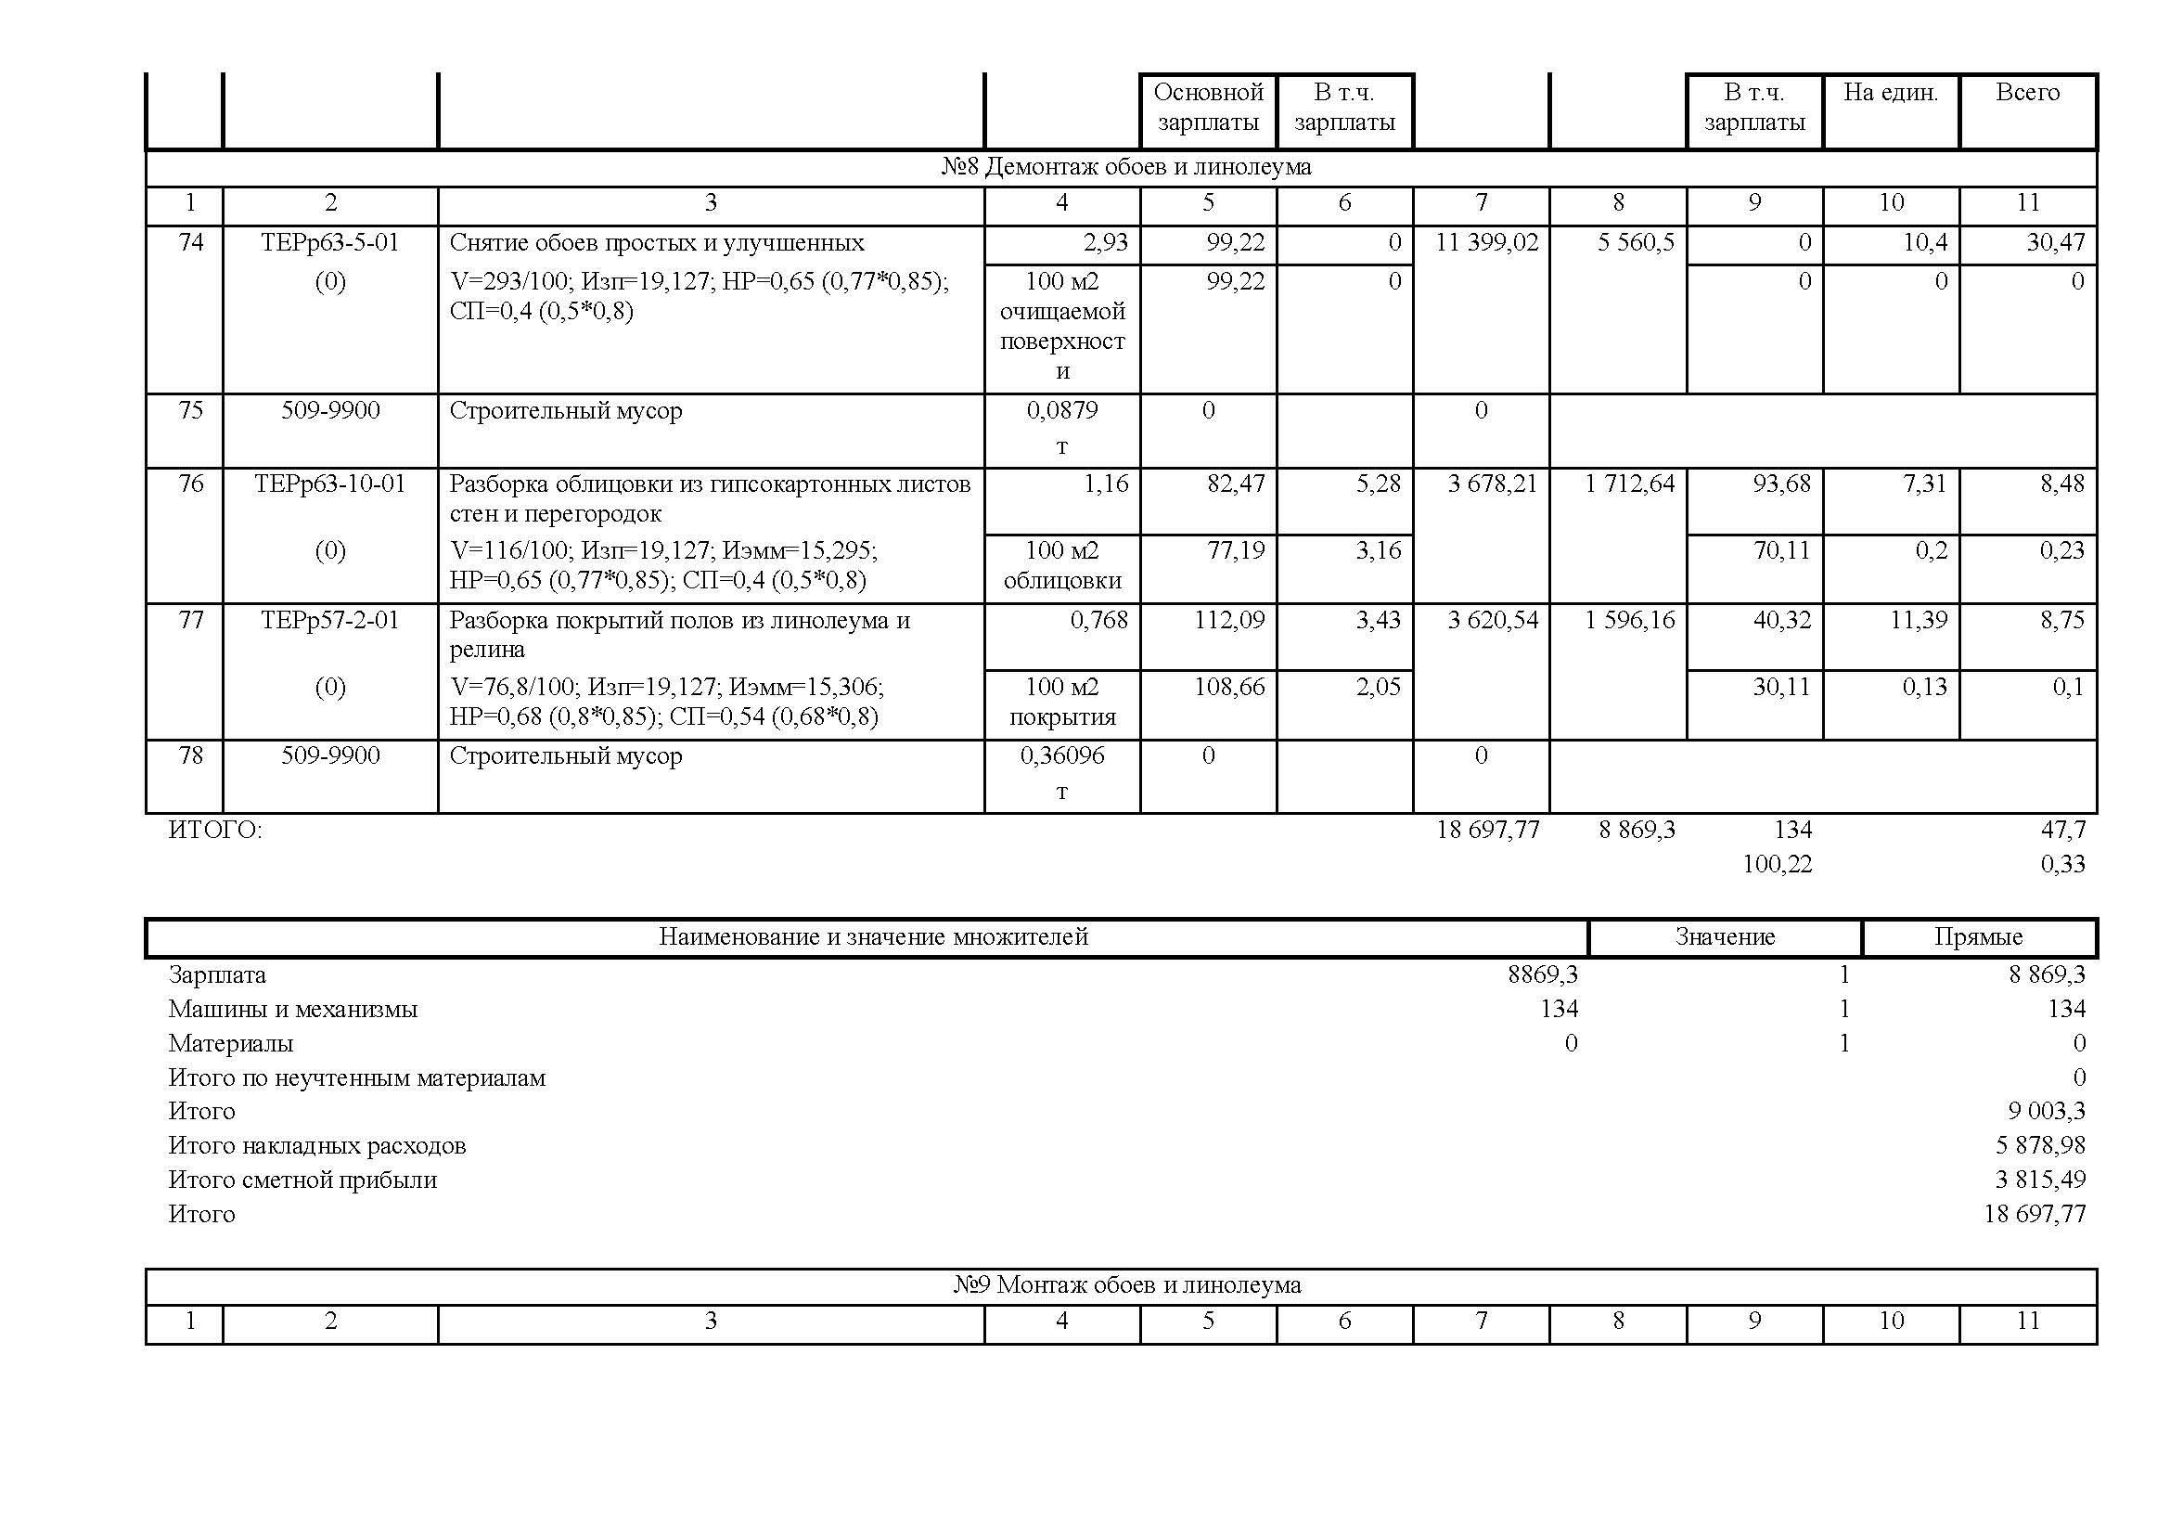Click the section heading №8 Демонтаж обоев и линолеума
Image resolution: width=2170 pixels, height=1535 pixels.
pos(1124,167)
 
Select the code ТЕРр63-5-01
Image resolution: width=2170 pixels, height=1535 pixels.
pos(330,243)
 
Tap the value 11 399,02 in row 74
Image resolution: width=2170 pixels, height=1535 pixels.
pos(1486,243)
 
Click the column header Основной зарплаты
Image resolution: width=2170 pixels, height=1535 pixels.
pos(1208,107)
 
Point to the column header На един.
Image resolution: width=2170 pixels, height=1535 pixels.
pos(1890,93)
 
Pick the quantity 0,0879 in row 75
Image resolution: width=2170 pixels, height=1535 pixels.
pos(1061,410)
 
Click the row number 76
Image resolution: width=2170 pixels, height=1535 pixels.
pos(191,484)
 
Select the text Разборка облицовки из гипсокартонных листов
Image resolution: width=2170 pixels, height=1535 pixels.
pos(710,484)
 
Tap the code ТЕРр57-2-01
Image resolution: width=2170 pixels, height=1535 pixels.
pos(330,620)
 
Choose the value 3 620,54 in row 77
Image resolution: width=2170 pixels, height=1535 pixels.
pos(1493,620)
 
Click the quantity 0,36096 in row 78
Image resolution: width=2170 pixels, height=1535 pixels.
pos(1061,755)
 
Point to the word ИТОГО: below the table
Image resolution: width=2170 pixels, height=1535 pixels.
pos(215,830)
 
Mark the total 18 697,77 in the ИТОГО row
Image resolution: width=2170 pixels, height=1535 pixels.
pos(1487,830)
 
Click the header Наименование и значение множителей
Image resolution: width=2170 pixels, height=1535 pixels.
pos(873,936)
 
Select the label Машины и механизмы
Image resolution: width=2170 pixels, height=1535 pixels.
pos(293,1010)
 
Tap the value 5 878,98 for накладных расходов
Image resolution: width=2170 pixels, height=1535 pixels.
pos(2039,1145)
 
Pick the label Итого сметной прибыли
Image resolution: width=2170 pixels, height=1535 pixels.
pos(302,1180)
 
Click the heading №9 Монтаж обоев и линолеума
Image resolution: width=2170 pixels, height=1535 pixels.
pos(1126,1285)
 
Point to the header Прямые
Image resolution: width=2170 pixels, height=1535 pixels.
pos(1978,936)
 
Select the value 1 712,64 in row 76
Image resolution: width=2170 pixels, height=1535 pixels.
pos(1629,484)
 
